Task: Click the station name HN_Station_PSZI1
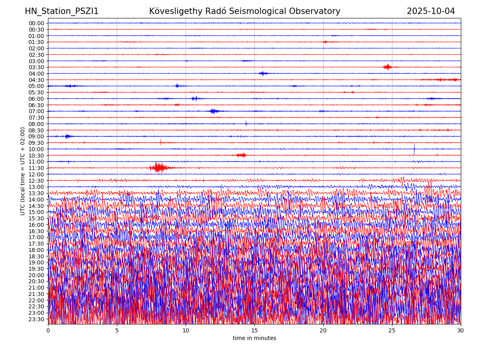point(62,11)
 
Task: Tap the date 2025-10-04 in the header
point(431,11)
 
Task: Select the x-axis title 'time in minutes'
point(254,338)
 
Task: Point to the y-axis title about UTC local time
point(23,171)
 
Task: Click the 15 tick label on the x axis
point(254,330)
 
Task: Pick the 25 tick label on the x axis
point(392,330)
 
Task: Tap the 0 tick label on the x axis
point(48,330)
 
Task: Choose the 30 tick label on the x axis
point(460,330)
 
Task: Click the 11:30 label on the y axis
point(36,168)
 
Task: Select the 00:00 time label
point(36,23)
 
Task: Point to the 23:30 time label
point(36,319)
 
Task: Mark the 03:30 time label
point(36,67)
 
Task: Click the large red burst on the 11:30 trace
point(159,168)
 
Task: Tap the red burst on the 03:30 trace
point(387,67)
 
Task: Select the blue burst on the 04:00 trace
point(263,73)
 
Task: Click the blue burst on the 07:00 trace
point(213,111)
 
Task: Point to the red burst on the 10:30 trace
point(241,155)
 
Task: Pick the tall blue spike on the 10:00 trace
point(414,148)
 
